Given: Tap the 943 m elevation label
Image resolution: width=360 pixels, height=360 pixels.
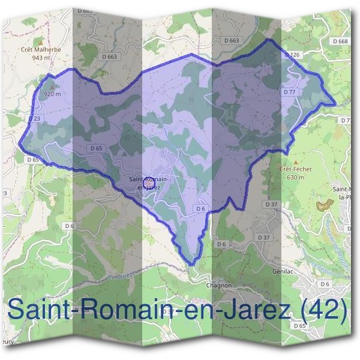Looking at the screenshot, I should point(41,58).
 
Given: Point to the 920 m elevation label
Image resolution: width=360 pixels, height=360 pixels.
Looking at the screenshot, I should point(52,94).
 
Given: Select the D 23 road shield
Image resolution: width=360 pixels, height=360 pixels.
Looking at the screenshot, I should point(34,119).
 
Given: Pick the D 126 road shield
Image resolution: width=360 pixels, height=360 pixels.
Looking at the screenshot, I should point(292,55).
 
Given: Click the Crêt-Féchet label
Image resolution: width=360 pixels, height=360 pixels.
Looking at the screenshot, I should point(292,170).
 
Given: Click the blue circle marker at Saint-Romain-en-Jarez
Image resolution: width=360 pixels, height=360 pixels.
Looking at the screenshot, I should point(149,179).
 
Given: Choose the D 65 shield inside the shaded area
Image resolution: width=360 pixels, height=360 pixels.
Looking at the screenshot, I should point(95,148).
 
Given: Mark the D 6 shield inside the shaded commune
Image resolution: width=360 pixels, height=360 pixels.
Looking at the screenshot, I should point(200,208).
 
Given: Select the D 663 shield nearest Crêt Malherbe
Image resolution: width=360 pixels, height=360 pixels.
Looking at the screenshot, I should point(109,56).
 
